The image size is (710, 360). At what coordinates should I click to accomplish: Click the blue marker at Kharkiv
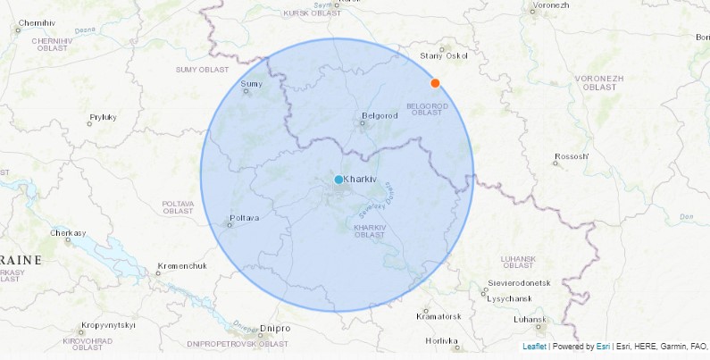[x=338, y=180]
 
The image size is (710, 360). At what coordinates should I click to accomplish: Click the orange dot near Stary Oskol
[x=435, y=83]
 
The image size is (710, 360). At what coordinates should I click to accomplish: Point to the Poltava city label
[x=244, y=217]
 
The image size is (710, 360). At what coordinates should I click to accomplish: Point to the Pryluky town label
[x=103, y=117]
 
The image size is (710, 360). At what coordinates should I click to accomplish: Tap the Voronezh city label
[x=551, y=5]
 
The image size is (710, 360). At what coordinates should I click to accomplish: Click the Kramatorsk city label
[x=439, y=316]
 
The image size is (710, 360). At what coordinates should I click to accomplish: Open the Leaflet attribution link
[x=534, y=347]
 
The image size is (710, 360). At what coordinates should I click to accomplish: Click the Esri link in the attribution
[x=603, y=347]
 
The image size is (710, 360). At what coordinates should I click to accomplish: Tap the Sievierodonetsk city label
[x=519, y=282]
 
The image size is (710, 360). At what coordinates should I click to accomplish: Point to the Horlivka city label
[x=440, y=340]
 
